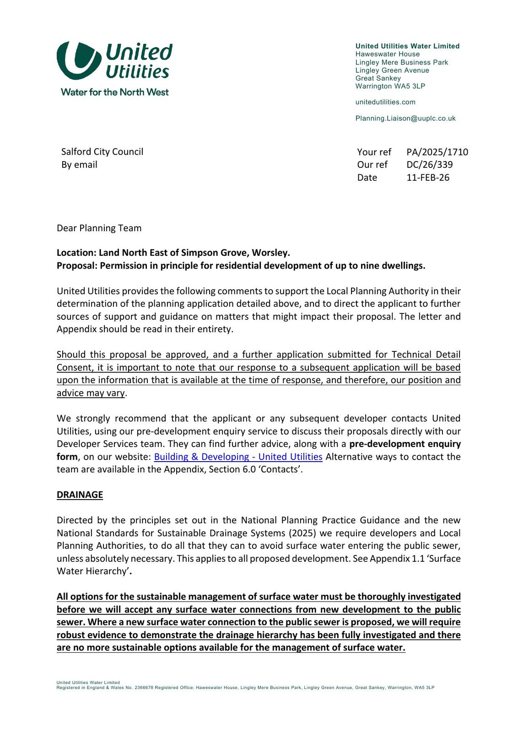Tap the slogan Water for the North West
coord(114,92)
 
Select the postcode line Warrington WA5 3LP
coord(390,86)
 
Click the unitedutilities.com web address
coord(385,102)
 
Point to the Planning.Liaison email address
coord(405,118)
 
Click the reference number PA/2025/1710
coord(437,152)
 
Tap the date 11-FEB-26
coord(428,178)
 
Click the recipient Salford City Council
coord(102,151)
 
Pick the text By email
coord(79,165)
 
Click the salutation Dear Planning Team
coord(99,228)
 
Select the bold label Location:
coord(76,253)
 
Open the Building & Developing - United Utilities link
coord(238,457)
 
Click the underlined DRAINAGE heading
coord(80,495)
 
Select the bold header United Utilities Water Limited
coord(407,46)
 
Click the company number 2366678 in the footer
coord(144,688)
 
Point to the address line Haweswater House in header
coord(387,54)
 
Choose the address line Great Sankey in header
coord(378,78)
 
